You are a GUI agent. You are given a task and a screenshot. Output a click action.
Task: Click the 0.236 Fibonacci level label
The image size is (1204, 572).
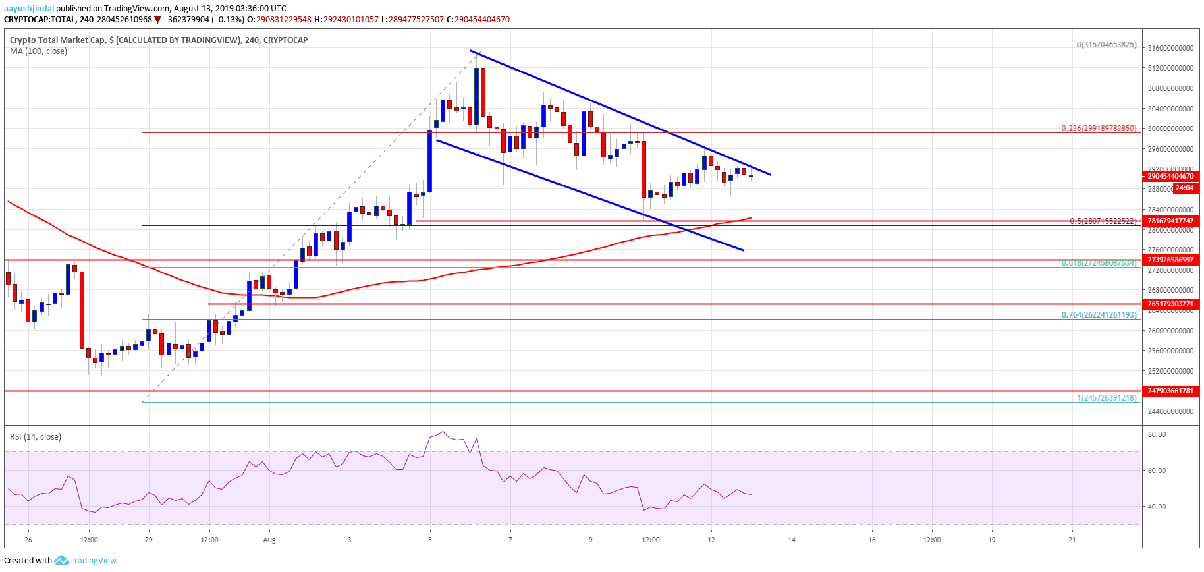click(1099, 129)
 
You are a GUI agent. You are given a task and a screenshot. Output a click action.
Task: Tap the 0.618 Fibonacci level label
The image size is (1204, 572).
click(1099, 263)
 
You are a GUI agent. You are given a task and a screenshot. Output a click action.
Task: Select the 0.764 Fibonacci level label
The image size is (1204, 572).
click(1099, 315)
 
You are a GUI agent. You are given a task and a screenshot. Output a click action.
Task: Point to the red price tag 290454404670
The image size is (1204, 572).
click(1170, 176)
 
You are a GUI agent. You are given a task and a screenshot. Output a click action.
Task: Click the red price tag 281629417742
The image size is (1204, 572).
click(1170, 221)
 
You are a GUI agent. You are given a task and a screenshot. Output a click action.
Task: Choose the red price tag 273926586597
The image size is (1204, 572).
click(1170, 260)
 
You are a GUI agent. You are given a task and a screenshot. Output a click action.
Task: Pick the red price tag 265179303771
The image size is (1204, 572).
click(1170, 304)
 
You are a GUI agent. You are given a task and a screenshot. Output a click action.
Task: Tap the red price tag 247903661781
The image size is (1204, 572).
click(1170, 391)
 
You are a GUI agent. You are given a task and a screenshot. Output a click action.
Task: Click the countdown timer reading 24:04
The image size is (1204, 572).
click(1184, 188)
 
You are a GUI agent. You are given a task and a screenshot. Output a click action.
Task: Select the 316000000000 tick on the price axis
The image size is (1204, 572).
click(1170, 48)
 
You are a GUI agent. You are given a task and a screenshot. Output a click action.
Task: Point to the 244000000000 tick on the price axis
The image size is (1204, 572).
click(1170, 411)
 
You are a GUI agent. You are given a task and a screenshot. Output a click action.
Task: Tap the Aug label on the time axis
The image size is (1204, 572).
click(269, 540)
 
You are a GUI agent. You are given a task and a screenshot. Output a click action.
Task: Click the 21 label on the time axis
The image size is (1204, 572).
click(1072, 540)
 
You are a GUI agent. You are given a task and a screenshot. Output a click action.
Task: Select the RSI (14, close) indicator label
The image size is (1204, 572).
click(36, 436)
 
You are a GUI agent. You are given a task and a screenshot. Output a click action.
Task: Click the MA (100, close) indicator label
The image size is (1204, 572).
click(38, 51)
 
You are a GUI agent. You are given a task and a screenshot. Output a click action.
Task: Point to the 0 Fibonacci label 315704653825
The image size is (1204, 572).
click(1107, 45)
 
